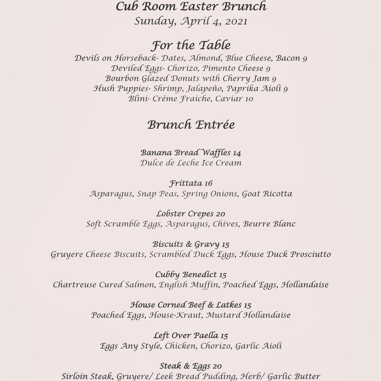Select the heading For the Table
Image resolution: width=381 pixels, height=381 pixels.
[x=191, y=45]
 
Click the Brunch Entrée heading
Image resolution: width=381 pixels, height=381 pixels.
[x=191, y=125]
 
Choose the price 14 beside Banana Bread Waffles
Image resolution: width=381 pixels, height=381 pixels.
[x=237, y=153]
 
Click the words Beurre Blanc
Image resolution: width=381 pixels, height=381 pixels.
[x=269, y=224]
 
